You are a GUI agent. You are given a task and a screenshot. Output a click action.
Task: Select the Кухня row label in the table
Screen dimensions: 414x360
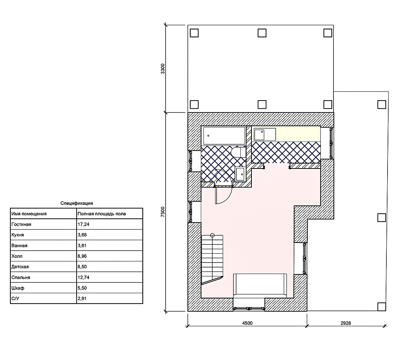18,235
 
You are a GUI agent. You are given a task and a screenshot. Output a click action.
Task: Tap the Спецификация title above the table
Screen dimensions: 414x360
77,203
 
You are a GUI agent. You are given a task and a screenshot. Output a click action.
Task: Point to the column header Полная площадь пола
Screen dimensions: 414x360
102,214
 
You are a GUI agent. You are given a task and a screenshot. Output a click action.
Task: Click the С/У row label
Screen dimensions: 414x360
15,299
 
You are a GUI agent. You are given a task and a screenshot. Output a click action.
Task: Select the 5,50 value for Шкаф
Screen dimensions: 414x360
82,288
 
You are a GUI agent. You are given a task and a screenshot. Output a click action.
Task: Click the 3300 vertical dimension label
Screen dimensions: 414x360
163,69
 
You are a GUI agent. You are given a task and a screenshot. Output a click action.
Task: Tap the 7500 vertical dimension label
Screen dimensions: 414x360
163,212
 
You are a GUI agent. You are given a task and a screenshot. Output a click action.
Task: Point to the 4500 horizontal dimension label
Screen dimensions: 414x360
247,323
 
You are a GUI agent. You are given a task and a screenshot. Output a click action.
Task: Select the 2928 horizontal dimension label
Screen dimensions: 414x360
346,323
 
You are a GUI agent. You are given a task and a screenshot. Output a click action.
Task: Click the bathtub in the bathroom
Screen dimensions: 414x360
224,135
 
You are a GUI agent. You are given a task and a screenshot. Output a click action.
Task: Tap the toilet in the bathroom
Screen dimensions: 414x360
238,152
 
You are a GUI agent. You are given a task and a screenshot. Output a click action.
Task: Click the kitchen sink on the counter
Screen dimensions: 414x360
259,135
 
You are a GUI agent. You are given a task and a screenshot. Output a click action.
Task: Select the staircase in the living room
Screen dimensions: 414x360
212,260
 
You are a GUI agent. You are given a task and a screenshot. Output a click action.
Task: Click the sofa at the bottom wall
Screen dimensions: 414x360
260,284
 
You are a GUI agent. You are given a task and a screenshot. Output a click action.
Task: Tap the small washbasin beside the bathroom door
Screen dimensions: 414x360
240,174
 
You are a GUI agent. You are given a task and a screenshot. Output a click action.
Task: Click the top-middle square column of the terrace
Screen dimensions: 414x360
262,33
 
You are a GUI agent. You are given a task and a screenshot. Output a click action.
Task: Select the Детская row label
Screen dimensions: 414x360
20,267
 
